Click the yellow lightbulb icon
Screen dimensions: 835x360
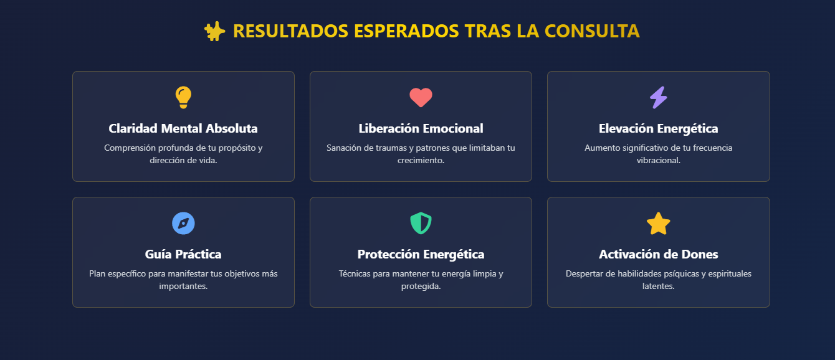[x=183, y=97]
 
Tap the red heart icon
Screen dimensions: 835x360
[x=421, y=98]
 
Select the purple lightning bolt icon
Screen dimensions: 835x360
[x=658, y=97]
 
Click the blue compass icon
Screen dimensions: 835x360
[x=183, y=223]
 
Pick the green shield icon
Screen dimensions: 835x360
[x=421, y=223]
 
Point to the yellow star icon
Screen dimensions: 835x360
[x=658, y=224]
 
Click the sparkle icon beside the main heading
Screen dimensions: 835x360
[x=215, y=31]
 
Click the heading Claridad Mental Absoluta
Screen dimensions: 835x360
[x=183, y=128]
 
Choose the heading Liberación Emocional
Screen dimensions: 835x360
[x=421, y=128]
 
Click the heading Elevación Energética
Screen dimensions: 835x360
[x=658, y=128]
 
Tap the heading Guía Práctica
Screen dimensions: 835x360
[x=183, y=254]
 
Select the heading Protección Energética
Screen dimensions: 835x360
[x=421, y=254]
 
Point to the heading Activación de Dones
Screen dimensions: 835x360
[x=658, y=254]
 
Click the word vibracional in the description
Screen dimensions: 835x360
[x=658, y=160]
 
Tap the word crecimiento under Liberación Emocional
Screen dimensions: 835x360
[x=421, y=160]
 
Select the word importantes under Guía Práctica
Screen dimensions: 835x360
[x=183, y=287]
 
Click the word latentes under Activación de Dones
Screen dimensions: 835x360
[x=658, y=287]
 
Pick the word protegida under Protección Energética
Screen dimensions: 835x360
[x=421, y=287]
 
